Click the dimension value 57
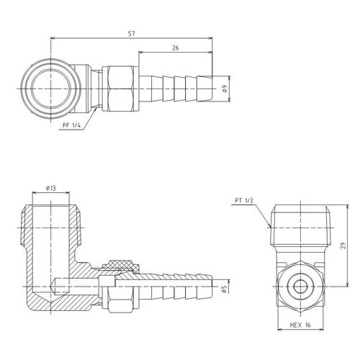pyautogui.click(x=131, y=34)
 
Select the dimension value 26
pyautogui.click(x=176, y=48)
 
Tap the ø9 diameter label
pyautogui.click(x=225, y=89)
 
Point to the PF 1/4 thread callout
pyautogui.click(x=71, y=125)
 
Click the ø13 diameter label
pyautogui.click(x=51, y=189)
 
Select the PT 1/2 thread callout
pyautogui.click(x=244, y=201)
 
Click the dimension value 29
pyautogui.click(x=343, y=246)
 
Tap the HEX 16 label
pyautogui.click(x=300, y=325)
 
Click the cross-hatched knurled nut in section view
pyautogui.click(x=121, y=266)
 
